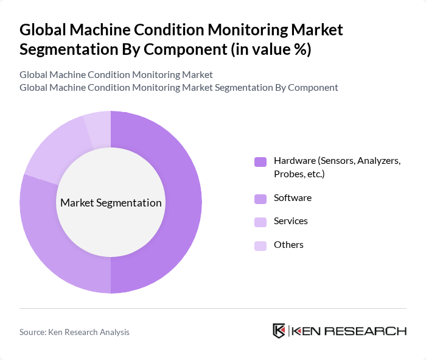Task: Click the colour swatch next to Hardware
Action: click(x=260, y=161)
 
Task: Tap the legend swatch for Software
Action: click(x=260, y=199)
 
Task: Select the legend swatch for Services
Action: click(x=260, y=222)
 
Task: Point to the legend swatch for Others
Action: click(x=260, y=245)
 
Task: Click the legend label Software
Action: click(x=292, y=198)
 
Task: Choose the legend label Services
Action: click(x=290, y=221)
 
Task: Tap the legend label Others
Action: click(x=288, y=245)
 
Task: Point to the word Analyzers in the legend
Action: click(x=378, y=161)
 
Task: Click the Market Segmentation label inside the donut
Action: click(x=111, y=203)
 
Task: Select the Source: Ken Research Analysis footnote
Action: click(x=74, y=332)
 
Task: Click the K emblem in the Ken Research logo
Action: click(x=279, y=331)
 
